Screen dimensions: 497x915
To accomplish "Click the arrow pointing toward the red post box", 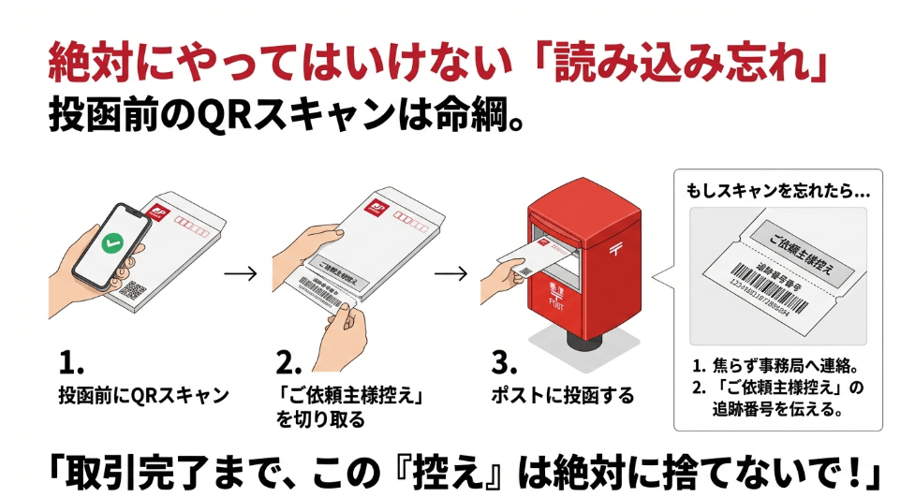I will [451, 273].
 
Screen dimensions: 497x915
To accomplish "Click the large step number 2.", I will [288, 362].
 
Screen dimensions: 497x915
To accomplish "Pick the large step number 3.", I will [503, 362].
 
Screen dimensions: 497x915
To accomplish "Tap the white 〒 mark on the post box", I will [615, 250].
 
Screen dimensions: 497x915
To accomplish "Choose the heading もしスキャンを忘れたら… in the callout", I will [777, 189].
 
